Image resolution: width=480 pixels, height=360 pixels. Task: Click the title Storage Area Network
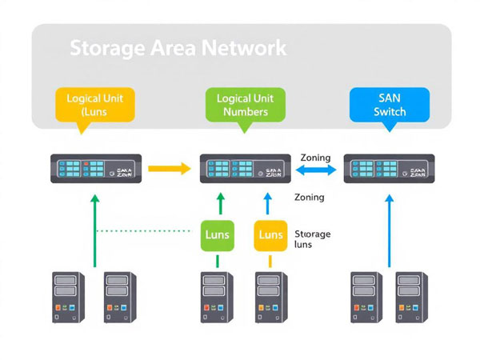point(178,47)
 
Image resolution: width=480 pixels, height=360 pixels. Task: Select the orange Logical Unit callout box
point(94,105)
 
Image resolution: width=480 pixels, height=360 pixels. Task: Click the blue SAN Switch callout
point(390,104)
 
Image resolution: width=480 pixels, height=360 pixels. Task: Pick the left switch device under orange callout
point(96,169)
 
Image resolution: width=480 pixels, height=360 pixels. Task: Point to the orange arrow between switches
point(170,169)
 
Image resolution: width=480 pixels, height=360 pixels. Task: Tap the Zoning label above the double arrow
point(314,158)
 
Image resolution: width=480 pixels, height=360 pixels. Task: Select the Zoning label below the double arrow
point(309,197)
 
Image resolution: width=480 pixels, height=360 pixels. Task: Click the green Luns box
point(217,234)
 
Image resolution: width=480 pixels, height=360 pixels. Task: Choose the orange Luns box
point(270,234)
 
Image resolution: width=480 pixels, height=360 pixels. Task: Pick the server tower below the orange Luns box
point(270,297)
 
